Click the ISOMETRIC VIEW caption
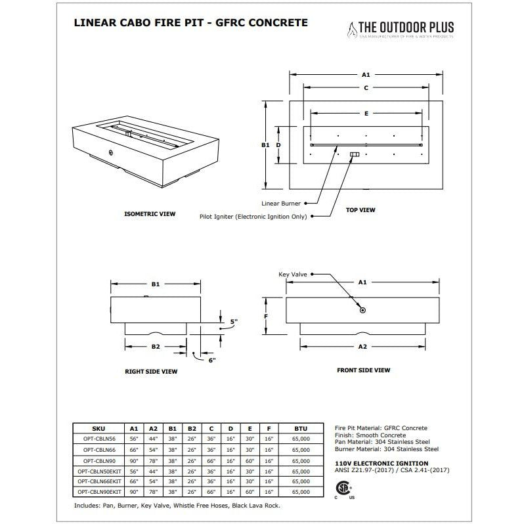[x=150, y=214]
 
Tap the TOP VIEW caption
[x=360, y=210]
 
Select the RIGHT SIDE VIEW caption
[x=151, y=371]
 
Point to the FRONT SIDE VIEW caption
[x=363, y=370]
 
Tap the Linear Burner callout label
[x=281, y=204]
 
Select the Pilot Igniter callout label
[x=253, y=216]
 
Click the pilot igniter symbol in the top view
[x=355, y=154]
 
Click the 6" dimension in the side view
[x=211, y=359]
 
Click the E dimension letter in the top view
[x=366, y=113]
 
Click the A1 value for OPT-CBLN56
[x=134, y=439]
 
